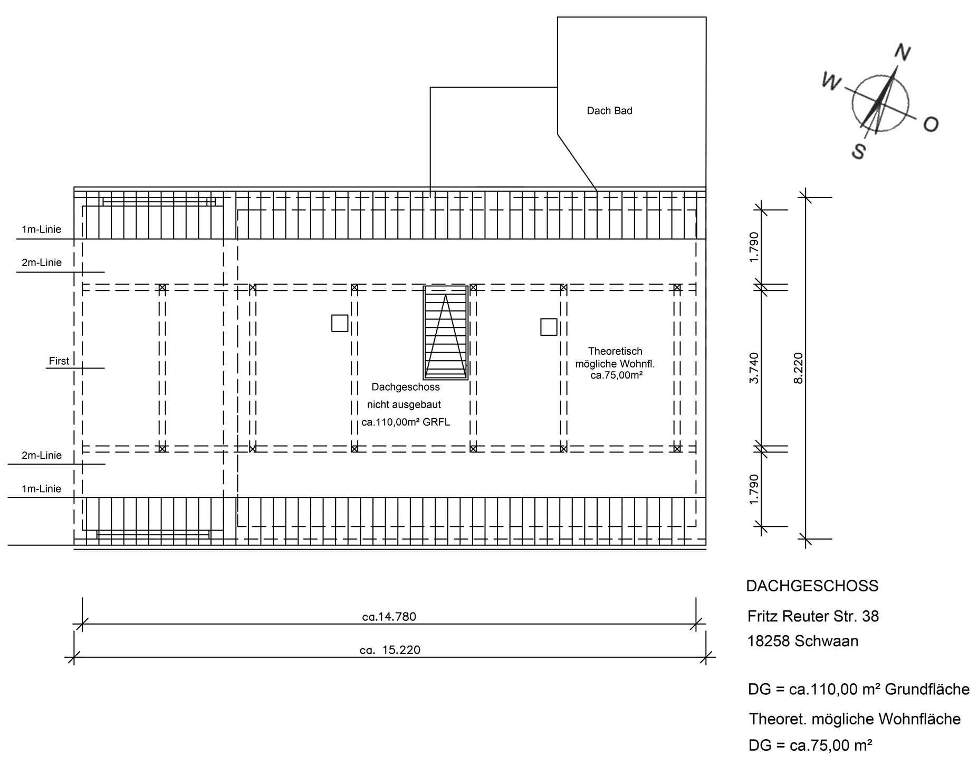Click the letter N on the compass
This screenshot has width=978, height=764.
[x=903, y=52]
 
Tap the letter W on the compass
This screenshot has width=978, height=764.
[x=831, y=81]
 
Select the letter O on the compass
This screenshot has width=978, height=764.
[x=931, y=124]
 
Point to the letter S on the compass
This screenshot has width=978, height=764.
[x=859, y=151]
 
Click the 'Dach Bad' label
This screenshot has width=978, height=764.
[x=609, y=111]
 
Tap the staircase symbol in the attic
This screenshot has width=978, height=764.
[x=446, y=333]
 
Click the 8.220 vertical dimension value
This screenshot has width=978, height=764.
[x=798, y=368]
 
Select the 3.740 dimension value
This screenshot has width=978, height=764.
[x=754, y=368]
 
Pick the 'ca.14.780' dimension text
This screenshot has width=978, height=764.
[x=389, y=617]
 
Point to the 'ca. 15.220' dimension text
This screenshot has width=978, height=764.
[x=390, y=650]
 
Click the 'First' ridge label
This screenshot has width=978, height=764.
[x=59, y=361]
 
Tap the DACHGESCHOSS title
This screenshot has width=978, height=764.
[x=812, y=586]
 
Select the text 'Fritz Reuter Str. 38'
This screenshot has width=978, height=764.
[x=813, y=616]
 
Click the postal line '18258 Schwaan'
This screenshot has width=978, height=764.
[x=803, y=641]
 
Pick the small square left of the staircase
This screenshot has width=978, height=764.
[x=340, y=323]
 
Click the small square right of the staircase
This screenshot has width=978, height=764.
[x=549, y=327]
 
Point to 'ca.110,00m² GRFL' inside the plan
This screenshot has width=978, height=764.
[x=406, y=422]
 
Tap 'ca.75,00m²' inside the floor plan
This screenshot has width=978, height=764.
[x=616, y=375]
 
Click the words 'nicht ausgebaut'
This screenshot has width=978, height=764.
[x=404, y=405]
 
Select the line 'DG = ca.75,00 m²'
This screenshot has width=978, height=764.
[x=810, y=746]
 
